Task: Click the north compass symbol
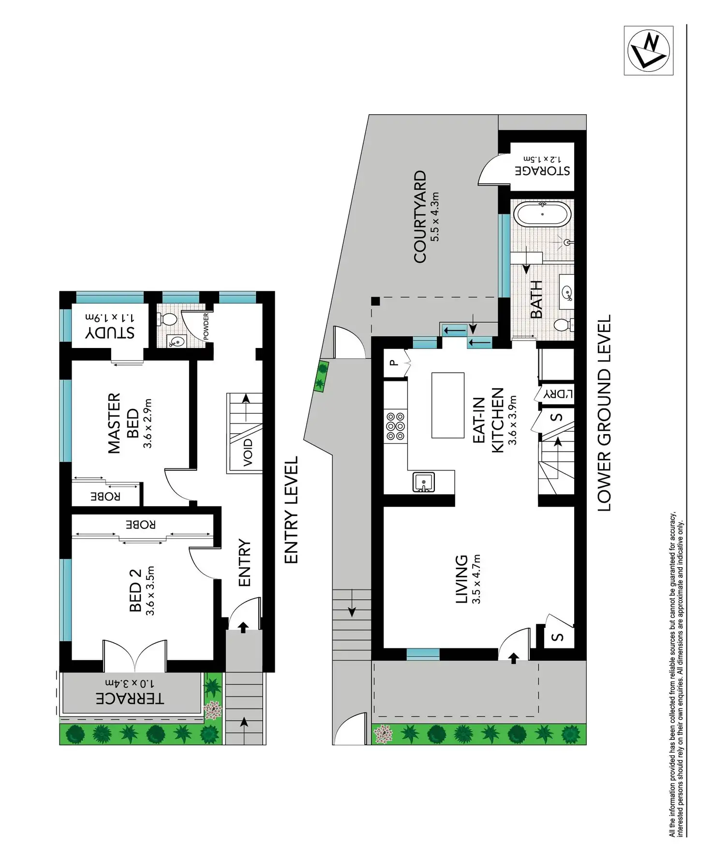[x=648, y=50]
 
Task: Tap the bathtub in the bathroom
[x=542, y=214]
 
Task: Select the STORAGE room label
[x=542, y=170]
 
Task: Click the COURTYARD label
[x=420, y=216]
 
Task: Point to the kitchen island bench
[x=447, y=405]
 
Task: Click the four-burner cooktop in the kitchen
[x=395, y=426]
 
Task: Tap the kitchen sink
[x=423, y=483]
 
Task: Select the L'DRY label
[x=558, y=393]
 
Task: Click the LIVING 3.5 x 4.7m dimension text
[x=477, y=579]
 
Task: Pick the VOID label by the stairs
[x=248, y=452]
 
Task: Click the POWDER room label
[x=206, y=326]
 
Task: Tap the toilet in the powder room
[x=167, y=319]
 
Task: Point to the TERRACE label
[x=130, y=698]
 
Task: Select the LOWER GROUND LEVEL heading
[x=604, y=413]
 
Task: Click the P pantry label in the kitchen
[x=394, y=362]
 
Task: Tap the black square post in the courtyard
[x=375, y=302]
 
